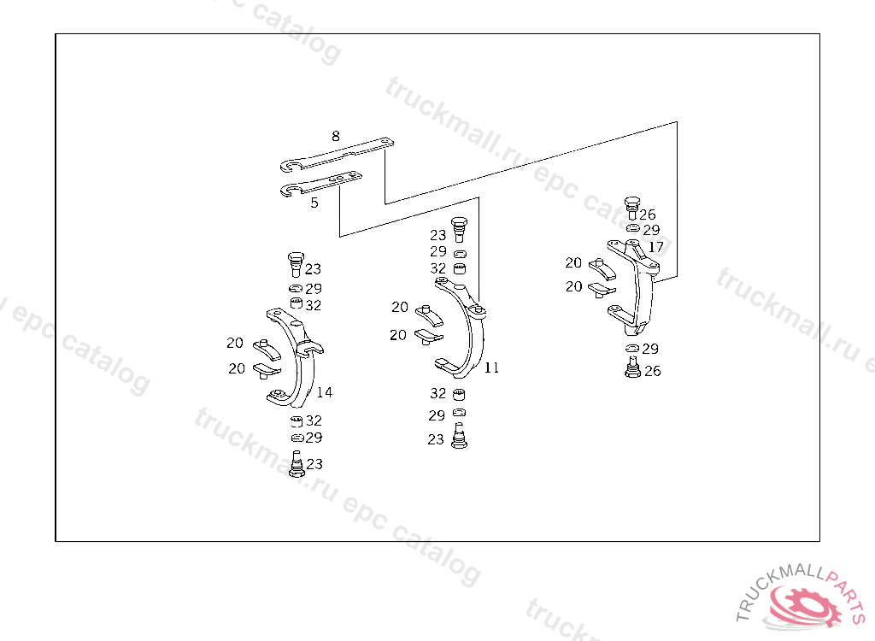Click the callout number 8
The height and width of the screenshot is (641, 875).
point(335,136)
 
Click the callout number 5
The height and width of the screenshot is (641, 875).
point(314,203)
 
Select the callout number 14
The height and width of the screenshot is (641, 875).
point(325,392)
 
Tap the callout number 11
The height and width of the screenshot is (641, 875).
point(491,368)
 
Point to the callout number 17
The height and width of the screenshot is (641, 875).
point(655,247)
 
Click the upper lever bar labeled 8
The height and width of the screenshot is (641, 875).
point(338,154)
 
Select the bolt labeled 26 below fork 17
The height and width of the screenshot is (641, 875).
point(632,368)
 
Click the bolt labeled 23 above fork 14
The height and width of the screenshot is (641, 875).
point(296,263)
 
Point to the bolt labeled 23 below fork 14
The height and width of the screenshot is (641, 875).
point(297,464)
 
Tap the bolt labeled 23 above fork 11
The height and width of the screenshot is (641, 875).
point(459,228)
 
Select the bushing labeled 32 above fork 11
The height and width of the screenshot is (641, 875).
point(459,270)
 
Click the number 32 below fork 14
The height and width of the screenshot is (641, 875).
point(314,420)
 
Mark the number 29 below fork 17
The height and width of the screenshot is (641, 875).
point(650,349)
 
